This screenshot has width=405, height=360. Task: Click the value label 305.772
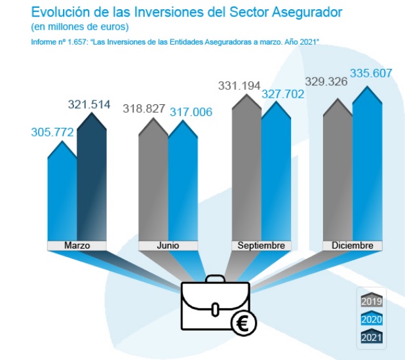(x=52, y=132)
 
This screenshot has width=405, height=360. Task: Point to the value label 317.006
(x=191, y=112)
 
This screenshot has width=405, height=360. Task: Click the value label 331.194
(x=239, y=85)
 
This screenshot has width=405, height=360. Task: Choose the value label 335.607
(x=372, y=73)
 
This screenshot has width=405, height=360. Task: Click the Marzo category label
(x=77, y=245)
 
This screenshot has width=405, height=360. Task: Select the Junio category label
(x=168, y=245)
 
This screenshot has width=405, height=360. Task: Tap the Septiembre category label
(x=261, y=245)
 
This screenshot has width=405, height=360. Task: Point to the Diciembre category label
(x=353, y=245)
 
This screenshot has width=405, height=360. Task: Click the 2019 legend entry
(x=372, y=301)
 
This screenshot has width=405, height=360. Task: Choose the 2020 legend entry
(x=372, y=319)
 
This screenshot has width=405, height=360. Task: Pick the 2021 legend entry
(x=372, y=338)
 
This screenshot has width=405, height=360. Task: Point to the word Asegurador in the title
(x=290, y=12)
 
